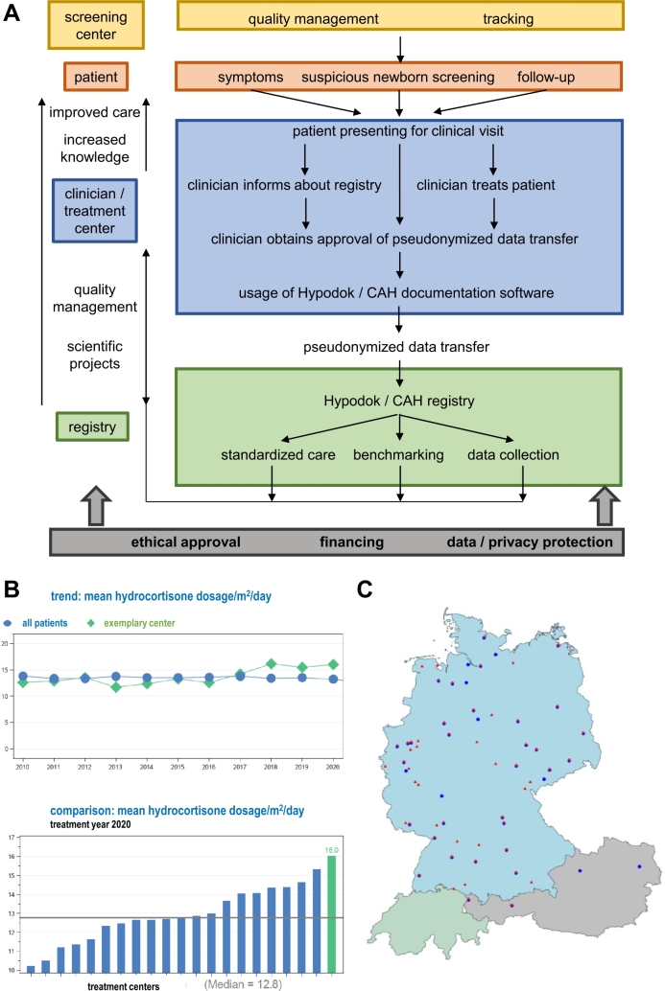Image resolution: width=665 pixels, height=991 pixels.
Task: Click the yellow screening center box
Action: click(x=95, y=25)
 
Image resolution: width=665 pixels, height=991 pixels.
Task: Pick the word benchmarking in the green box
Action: click(x=399, y=454)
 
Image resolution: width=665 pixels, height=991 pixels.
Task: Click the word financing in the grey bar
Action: click(x=351, y=542)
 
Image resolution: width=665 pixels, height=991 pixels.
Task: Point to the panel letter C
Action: click(x=366, y=587)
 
